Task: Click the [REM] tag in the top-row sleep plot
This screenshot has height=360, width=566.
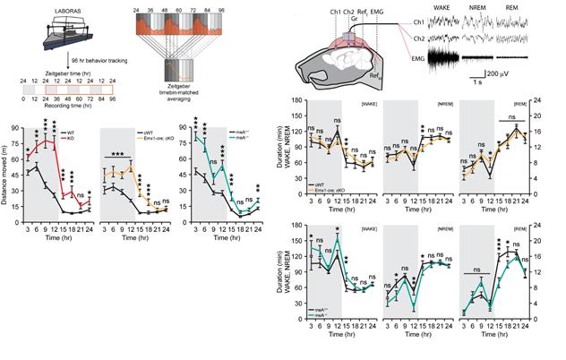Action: [515, 105]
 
